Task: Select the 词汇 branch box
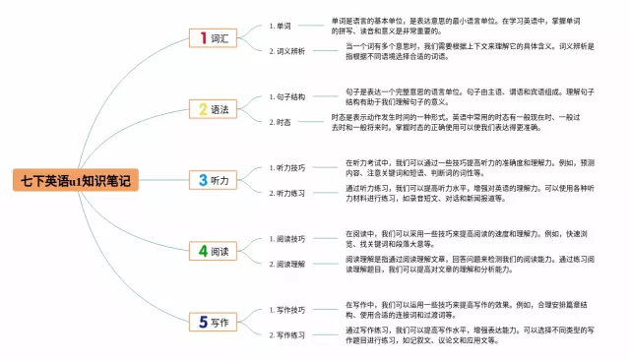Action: (x=216, y=38)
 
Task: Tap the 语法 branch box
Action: (x=216, y=110)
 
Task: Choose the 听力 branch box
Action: (x=216, y=180)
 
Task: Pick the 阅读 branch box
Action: (x=216, y=251)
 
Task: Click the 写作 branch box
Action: (x=216, y=322)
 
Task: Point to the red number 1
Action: (x=203, y=38)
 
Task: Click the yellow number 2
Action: (x=203, y=110)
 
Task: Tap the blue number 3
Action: (x=203, y=180)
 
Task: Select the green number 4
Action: (x=203, y=251)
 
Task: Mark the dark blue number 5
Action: (x=203, y=322)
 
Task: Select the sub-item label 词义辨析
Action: (x=290, y=50)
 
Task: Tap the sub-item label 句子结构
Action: (x=290, y=97)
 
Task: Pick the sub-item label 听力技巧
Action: (x=290, y=168)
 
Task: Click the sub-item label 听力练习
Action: (x=290, y=193)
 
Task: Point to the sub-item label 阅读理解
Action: (x=290, y=264)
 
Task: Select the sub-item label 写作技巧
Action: (x=290, y=310)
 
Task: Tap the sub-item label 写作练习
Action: (x=290, y=334)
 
